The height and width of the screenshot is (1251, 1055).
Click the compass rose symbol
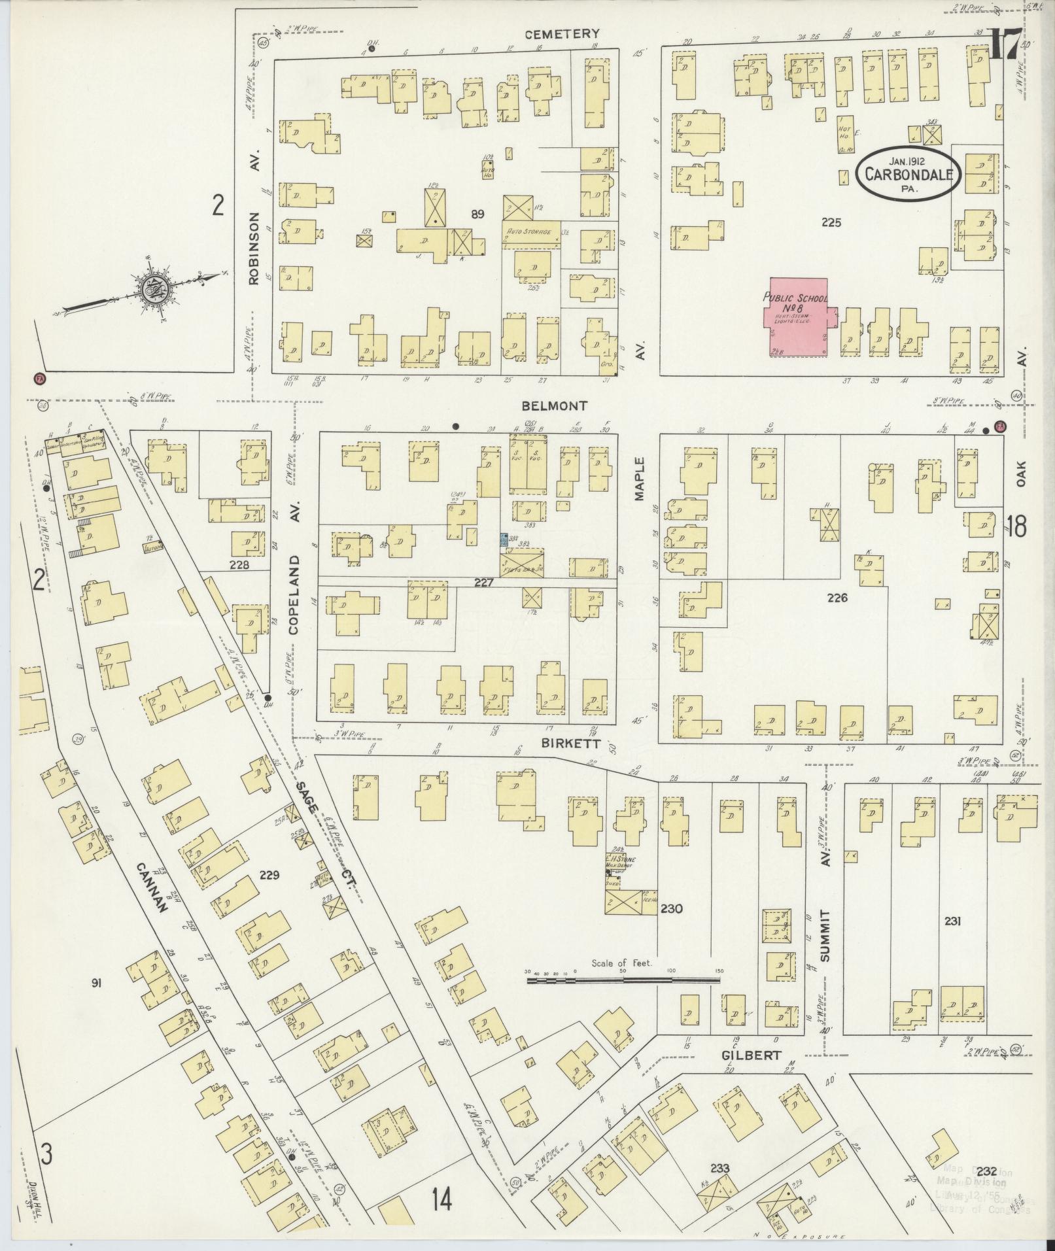pyautogui.click(x=157, y=288)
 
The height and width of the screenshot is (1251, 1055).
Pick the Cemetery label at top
pyautogui.click(x=570, y=33)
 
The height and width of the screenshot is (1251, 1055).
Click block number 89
pyautogui.click(x=478, y=214)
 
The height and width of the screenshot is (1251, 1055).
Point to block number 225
pyautogui.click(x=831, y=222)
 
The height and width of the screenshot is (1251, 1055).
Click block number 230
pyautogui.click(x=671, y=908)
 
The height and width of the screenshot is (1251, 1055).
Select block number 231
pyautogui.click(x=952, y=921)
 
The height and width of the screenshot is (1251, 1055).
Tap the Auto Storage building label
pyautogui.click(x=526, y=231)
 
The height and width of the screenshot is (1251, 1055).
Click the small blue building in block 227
pyautogui.click(x=504, y=540)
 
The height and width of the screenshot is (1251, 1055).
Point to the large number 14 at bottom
pyautogui.click(x=441, y=1200)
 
